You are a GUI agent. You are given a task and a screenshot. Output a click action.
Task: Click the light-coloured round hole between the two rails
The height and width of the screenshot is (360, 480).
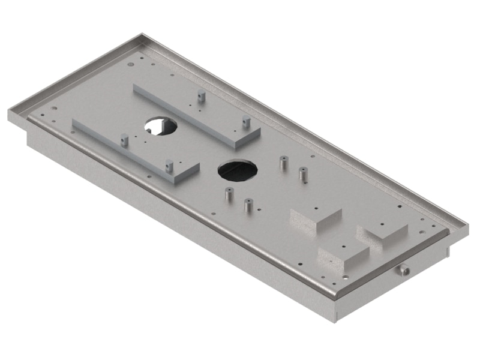[161, 125]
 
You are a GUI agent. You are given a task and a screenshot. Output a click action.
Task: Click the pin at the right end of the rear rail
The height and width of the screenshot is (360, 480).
[245, 122]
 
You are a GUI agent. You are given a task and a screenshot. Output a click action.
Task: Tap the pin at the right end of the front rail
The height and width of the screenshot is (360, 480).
[170, 163]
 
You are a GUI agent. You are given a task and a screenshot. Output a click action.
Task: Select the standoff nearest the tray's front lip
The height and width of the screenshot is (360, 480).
[247, 205]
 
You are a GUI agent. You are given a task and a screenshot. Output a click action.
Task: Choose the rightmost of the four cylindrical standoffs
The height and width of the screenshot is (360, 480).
[302, 174]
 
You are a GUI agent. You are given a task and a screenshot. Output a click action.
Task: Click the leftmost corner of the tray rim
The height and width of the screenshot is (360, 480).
[9, 112]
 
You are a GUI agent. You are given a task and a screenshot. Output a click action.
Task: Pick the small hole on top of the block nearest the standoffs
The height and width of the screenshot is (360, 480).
[315, 209]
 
